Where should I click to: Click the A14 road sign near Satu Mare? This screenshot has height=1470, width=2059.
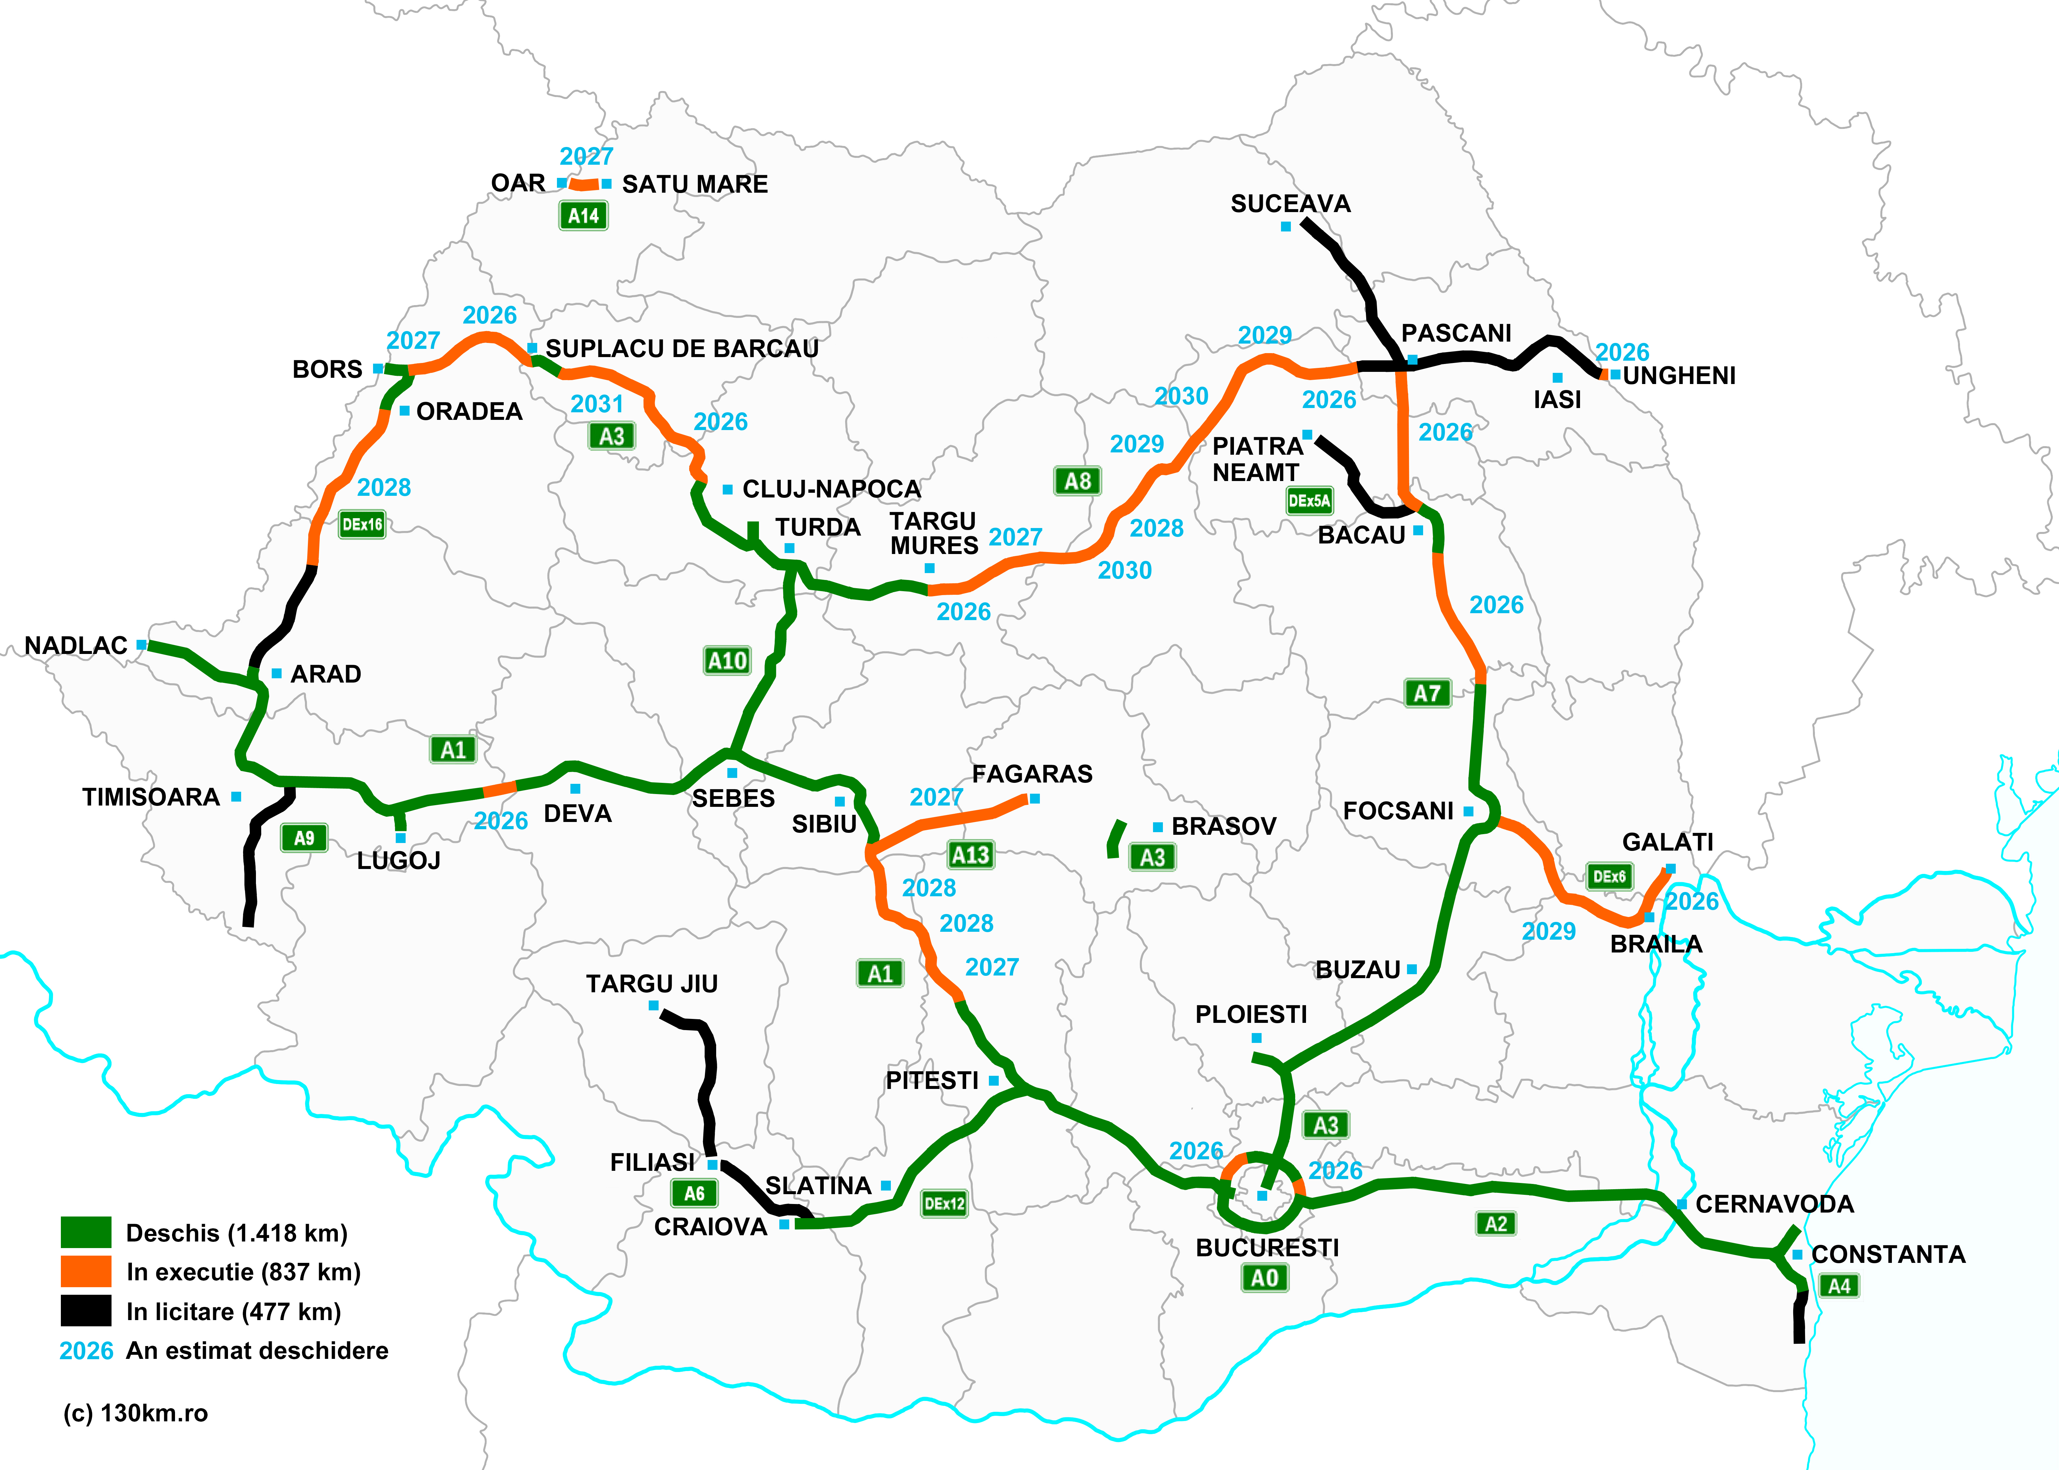(x=583, y=215)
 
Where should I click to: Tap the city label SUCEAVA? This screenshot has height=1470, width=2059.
(x=1290, y=204)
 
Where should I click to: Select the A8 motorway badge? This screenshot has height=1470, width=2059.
(x=1077, y=481)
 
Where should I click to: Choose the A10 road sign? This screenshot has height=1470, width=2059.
(x=727, y=661)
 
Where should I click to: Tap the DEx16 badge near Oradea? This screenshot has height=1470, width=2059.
(x=362, y=524)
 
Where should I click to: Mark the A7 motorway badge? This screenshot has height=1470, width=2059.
(x=1427, y=693)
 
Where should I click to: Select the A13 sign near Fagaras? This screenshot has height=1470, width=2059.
(x=971, y=855)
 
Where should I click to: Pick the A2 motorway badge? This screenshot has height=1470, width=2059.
(x=1496, y=1224)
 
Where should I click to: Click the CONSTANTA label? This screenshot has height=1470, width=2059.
(x=1888, y=1255)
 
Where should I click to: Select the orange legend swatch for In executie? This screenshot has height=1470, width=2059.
(x=86, y=1272)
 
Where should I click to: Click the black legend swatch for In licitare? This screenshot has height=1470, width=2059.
(x=86, y=1311)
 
